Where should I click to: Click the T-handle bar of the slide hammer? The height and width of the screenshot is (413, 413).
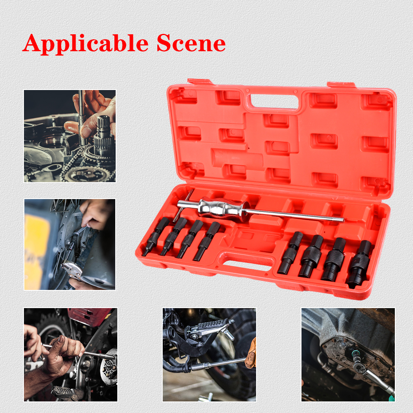pyautogui.click(x=183, y=205)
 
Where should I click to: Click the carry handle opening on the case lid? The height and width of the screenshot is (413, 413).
pyautogui.click(x=274, y=102)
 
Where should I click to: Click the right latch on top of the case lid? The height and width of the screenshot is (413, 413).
pyautogui.click(x=341, y=85)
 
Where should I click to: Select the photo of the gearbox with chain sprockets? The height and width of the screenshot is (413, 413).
pyautogui.click(x=70, y=136)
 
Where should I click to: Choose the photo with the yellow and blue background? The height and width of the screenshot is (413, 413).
pyautogui.click(x=70, y=244)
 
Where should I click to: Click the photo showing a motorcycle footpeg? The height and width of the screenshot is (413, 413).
pyautogui.click(x=209, y=354)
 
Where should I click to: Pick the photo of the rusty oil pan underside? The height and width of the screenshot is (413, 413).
pyautogui.click(x=348, y=354)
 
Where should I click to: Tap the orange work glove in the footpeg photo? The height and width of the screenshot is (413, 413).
pyautogui.click(x=251, y=353)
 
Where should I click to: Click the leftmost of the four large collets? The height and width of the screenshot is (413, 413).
pyautogui.click(x=290, y=253)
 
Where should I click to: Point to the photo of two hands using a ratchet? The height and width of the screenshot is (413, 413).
pyautogui.click(x=71, y=354)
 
